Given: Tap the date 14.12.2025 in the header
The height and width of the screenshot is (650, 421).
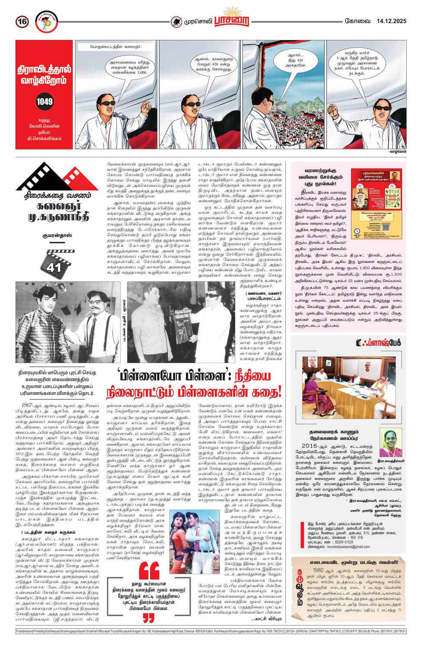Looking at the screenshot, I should click(391, 20).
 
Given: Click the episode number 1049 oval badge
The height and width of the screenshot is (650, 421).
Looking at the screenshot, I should click(45, 102).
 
